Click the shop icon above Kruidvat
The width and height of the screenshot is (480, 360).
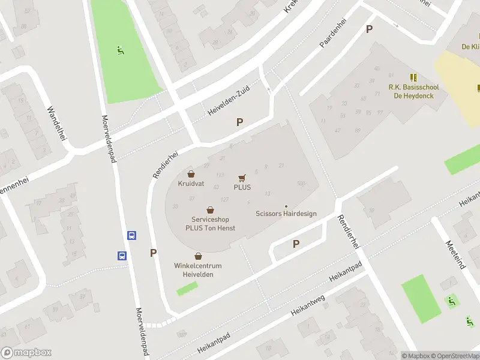click(191, 173)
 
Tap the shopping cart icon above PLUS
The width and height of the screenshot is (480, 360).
click(242, 178)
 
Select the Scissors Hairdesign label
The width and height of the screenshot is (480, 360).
click(286, 214)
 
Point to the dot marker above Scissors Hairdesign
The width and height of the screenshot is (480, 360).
click(286, 206)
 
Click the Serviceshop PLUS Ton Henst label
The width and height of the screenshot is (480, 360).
click(210, 224)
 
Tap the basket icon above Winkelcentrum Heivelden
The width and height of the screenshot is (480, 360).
click(198, 256)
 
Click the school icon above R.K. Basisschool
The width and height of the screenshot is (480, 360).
click(413, 77)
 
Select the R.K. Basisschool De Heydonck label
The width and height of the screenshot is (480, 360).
click(413, 91)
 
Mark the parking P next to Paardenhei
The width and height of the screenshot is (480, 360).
click(369, 29)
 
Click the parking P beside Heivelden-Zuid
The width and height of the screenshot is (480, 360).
click(239, 122)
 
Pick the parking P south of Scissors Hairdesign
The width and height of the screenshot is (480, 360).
click(296, 244)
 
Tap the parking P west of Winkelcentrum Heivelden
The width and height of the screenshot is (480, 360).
click(154, 253)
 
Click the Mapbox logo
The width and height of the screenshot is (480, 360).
click(26, 353)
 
